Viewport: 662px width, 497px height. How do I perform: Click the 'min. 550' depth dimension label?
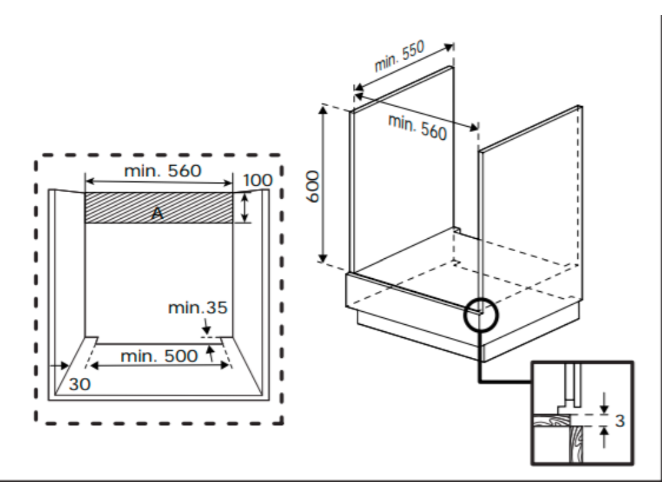(x=399, y=56)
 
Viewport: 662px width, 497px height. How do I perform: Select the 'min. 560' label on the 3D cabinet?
(x=417, y=126)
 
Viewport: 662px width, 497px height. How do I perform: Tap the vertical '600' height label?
(x=312, y=186)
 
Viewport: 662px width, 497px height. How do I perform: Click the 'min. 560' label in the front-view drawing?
(x=162, y=171)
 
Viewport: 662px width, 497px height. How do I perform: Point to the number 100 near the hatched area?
(x=258, y=180)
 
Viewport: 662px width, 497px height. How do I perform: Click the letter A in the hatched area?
(x=156, y=214)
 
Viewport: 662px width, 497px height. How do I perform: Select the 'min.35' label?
(x=198, y=307)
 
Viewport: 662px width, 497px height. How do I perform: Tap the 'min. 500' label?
(x=159, y=355)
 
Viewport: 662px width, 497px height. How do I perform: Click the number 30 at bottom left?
(x=80, y=384)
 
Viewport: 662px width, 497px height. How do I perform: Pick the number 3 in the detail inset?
(x=619, y=421)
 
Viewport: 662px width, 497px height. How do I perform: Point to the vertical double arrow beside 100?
(x=244, y=208)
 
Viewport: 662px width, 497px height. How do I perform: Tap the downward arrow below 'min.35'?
(x=206, y=326)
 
